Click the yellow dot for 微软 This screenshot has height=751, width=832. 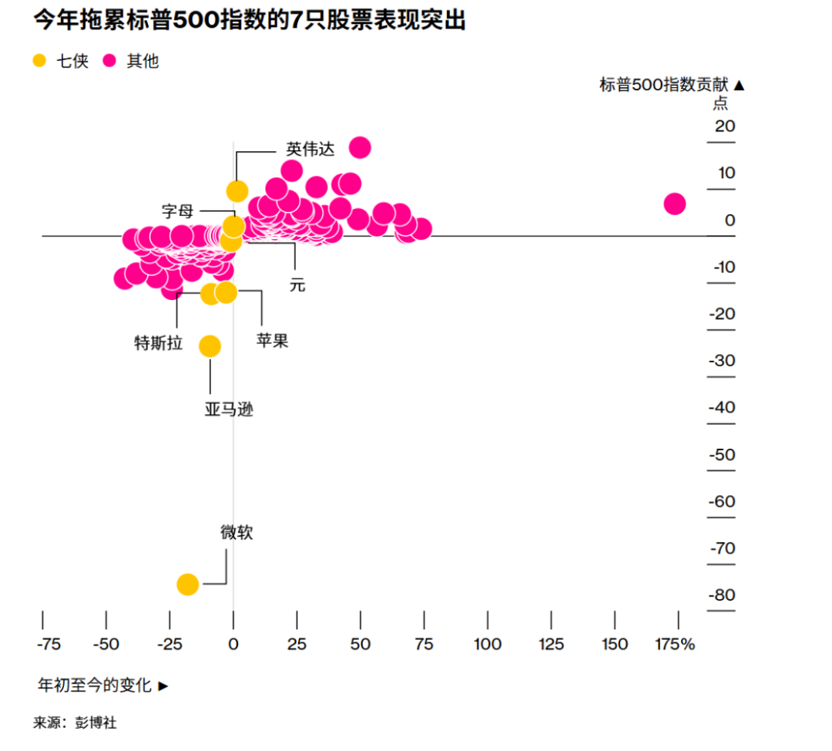[x=187, y=584]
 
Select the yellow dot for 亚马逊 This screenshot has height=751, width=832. [x=210, y=346]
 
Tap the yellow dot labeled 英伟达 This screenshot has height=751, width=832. [x=237, y=191]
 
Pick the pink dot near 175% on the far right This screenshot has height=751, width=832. [x=674, y=204]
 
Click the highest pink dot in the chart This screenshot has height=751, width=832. [x=360, y=147]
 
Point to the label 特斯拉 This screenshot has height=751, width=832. [x=158, y=343]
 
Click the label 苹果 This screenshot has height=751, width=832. [x=272, y=341]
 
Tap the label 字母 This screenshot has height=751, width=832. [x=177, y=210]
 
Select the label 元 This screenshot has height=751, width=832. [x=297, y=285]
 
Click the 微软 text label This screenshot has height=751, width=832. [x=237, y=533]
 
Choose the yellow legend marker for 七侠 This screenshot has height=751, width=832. [x=40, y=61]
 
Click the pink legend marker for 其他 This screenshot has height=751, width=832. [x=109, y=61]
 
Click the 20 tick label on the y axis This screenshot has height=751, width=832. [x=725, y=126]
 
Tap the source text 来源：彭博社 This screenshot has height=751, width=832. [x=75, y=723]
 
